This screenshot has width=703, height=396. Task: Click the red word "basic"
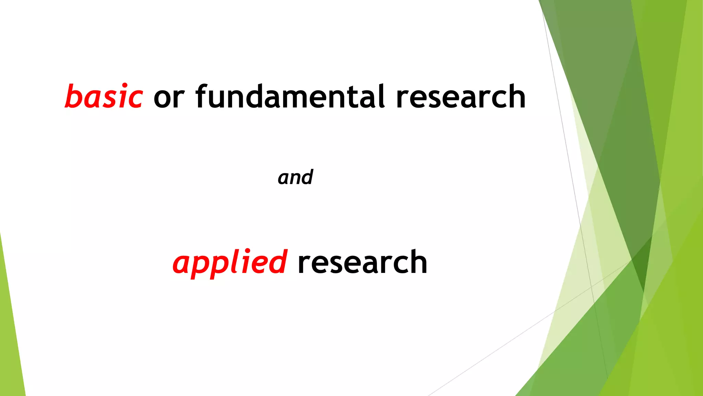104,97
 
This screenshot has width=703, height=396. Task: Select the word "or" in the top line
169,98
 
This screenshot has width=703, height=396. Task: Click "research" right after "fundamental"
460,97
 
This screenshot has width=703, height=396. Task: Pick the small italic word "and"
295,177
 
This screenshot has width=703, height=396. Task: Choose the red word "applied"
229,263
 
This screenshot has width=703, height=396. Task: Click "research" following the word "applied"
362,263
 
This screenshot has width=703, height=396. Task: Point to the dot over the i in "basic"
125,85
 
